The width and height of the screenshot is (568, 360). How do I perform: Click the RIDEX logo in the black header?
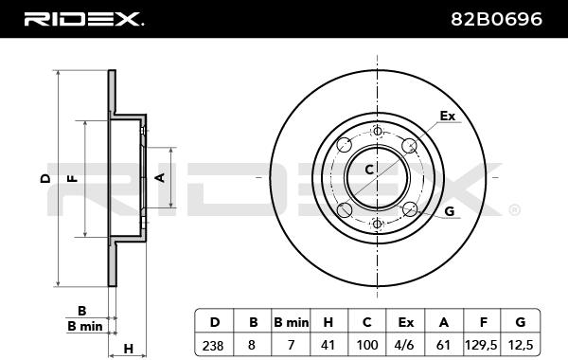click(x=83, y=19)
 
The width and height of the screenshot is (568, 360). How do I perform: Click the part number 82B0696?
click(x=496, y=19)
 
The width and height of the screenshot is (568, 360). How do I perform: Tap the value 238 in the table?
click(x=213, y=345)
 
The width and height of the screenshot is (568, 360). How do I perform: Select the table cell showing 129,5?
click(x=482, y=345)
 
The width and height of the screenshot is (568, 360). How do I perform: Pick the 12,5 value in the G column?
click(x=520, y=345)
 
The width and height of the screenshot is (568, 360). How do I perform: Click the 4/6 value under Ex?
click(x=405, y=345)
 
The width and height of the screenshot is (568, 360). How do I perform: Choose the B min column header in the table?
click(x=292, y=322)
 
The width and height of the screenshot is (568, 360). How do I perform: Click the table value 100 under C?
click(x=367, y=345)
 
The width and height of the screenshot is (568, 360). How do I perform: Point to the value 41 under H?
click(x=328, y=345)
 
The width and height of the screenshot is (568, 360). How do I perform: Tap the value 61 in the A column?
click(x=443, y=345)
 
